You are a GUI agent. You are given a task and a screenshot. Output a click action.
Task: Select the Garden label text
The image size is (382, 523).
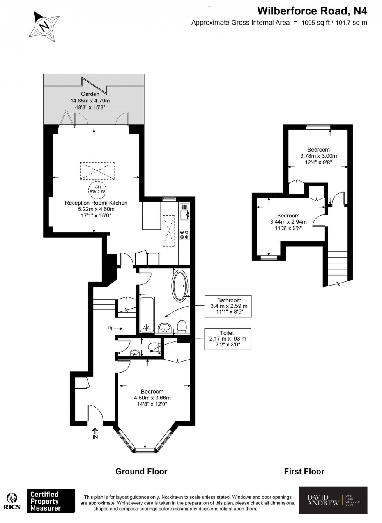tap(90, 94)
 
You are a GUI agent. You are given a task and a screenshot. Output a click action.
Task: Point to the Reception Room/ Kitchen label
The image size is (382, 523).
tap(96, 203)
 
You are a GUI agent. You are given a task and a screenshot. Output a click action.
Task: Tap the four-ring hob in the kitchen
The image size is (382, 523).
tap(184, 235)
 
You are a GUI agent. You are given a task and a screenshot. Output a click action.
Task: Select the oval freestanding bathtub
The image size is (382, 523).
tap(180, 286)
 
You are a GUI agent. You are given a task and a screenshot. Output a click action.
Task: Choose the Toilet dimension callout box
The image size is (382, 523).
tap(227, 339)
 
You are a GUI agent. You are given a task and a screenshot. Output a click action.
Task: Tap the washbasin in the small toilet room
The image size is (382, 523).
tap(135, 353)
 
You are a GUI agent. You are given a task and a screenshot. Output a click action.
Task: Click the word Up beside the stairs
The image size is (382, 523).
tap(111, 328)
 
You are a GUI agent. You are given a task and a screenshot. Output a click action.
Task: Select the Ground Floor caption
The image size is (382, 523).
tap(141, 472)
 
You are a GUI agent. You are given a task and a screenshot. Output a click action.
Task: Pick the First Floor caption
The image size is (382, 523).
tap(304, 472)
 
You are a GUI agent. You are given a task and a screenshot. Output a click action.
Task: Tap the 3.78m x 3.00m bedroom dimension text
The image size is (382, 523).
tap(318, 156)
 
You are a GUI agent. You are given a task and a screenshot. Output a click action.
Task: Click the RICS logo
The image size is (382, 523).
tap(12, 501)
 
